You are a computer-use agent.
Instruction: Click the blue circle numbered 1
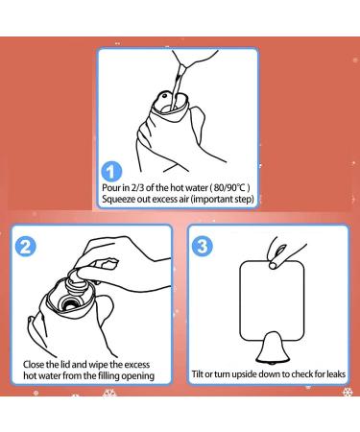coord(111,172)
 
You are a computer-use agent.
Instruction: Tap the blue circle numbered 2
coord(26,247)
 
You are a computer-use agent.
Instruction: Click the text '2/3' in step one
coord(138,188)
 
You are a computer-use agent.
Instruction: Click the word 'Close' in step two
coord(34,365)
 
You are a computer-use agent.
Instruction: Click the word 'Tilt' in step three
coord(197,374)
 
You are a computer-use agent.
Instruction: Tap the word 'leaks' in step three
coord(336,374)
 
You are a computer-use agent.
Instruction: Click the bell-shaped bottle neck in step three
coord(273,348)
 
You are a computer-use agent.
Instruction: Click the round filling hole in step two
coord(68,303)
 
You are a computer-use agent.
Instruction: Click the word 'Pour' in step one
coord(111,188)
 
